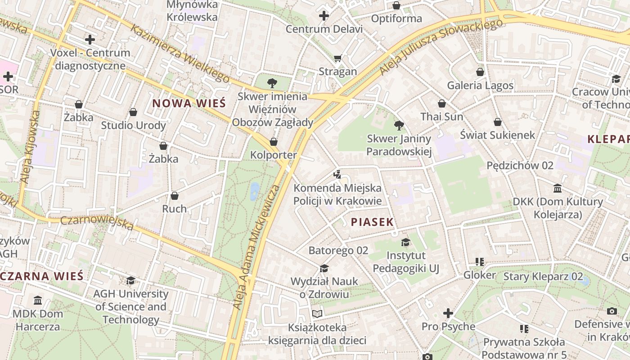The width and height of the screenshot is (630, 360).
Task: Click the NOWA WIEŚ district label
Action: tap(189, 103)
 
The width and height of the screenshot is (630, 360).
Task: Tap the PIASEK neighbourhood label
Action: tap(372, 222)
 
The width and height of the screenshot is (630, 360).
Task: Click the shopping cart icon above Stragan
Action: tap(338, 58)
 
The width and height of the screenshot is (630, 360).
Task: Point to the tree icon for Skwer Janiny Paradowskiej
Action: tap(399, 126)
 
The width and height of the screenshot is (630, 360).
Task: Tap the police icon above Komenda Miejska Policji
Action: tap(337, 174)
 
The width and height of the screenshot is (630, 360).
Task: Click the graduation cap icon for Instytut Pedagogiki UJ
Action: tap(406, 242)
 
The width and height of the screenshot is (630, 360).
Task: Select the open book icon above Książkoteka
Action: tap(317, 314)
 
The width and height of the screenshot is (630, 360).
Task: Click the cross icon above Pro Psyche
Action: tap(448, 313)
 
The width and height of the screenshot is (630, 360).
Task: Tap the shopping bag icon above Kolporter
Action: tap(274, 142)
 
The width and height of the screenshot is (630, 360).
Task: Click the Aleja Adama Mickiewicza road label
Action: tap(257, 247)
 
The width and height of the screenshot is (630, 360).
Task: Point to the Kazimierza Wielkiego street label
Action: tap(180, 54)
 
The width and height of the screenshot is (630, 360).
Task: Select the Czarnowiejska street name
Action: tap(97, 223)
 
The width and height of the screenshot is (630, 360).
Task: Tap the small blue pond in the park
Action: tap(255, 191)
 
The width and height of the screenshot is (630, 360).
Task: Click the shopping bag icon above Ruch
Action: tap(175, 196)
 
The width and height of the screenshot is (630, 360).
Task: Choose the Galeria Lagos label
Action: tap(480, 85)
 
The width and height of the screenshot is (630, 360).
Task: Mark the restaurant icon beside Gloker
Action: tap(480, 261)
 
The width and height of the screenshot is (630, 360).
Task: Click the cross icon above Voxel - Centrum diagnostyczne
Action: tap(90, 40)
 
